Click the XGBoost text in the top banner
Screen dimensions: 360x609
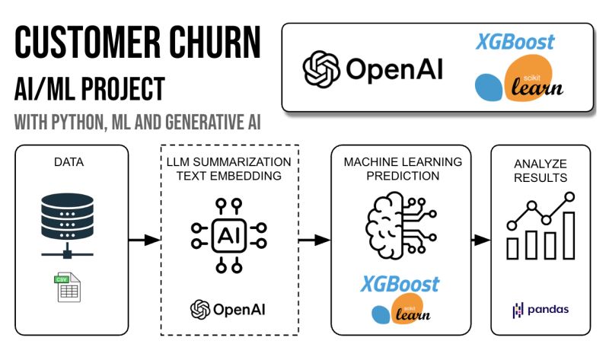point(515,41)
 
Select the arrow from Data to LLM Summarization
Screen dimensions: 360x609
point(145,240)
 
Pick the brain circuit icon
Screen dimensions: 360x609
point(401,225)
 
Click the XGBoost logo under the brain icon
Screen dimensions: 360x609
point(401,284)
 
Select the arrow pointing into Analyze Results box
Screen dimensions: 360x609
point(480,240)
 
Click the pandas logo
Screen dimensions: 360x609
point(541,310)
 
